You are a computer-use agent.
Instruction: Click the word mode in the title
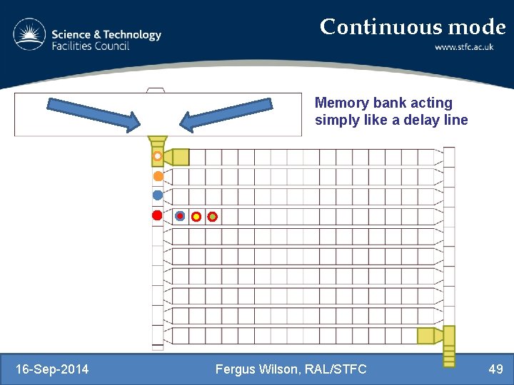[x=477, y=27]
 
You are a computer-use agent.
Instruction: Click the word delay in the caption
[x=413, y=120]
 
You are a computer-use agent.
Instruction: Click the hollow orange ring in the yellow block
[x=158, y=156]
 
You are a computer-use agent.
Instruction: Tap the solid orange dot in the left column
[x=158, y=175]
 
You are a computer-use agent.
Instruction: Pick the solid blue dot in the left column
[x=158, y=195]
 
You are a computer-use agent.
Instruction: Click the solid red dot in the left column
[x=157, y=215]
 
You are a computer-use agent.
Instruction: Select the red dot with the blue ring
[x=180, y=216]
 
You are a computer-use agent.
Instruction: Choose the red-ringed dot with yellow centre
[x=196, y=216]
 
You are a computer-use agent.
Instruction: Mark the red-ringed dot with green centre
[x=212, y=216]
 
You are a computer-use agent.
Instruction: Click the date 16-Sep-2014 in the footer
[x=52, y=369]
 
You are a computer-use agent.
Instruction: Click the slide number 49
[x=495, y=369]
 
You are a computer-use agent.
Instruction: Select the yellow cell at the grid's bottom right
[x=426, y=335]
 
